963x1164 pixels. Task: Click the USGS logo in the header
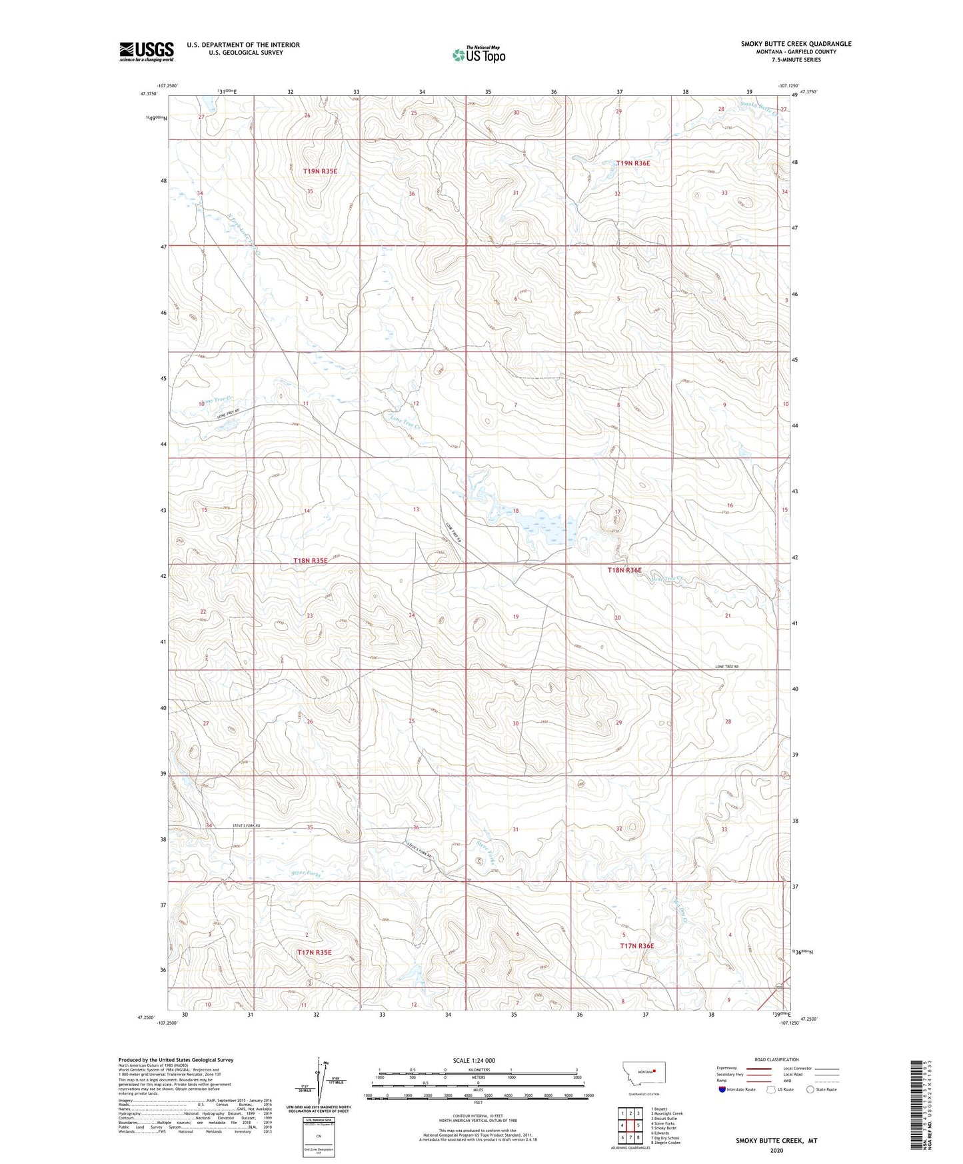(x=146, y=51)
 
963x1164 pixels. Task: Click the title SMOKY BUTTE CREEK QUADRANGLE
(x=796, y=44)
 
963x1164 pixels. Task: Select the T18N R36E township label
(x=624, y=570)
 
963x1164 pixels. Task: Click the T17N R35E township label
(x=314, y=953)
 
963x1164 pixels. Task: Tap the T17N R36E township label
(x=637, y=946)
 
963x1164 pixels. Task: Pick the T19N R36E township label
(x=632, y=163)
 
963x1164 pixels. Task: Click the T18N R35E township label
(x=311, y=561)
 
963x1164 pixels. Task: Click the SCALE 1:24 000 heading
(x=474, y=1061)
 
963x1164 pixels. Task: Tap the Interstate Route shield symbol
(x=723, y=1089)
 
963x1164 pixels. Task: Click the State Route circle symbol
(x=810, y=1089)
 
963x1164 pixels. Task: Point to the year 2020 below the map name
(x=776, y=1151)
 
